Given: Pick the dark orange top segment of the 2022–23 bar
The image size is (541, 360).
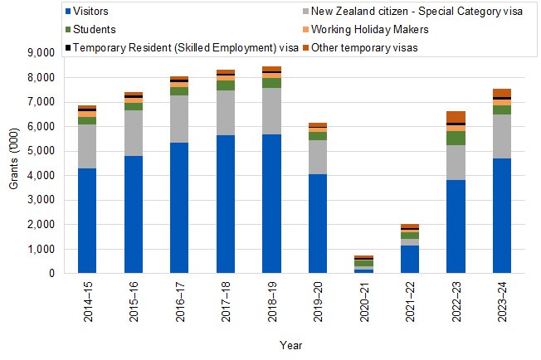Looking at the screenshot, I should click(456, 117).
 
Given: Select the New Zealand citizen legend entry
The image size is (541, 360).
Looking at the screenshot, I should click(410, 12).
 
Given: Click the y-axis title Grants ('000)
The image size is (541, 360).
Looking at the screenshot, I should click(14, 162).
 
